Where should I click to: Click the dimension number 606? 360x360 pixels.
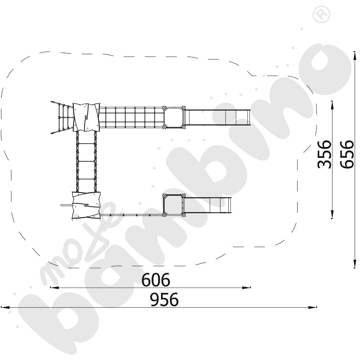[x=156, y=280]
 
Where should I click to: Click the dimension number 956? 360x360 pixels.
[x=164, y=300]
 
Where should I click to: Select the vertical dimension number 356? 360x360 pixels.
[x=324, y=154]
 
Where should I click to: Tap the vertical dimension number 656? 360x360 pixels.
[x=347, y=154]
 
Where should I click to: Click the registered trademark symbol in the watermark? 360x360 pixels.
[x=321, y=14]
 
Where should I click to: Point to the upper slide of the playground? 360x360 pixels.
[x=218, y=118]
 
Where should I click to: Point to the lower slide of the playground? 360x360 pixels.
[x=208, y=205]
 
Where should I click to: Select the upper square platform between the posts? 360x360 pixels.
[x=174, y=117]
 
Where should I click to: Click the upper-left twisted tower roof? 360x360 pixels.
[x=86, y=117]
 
